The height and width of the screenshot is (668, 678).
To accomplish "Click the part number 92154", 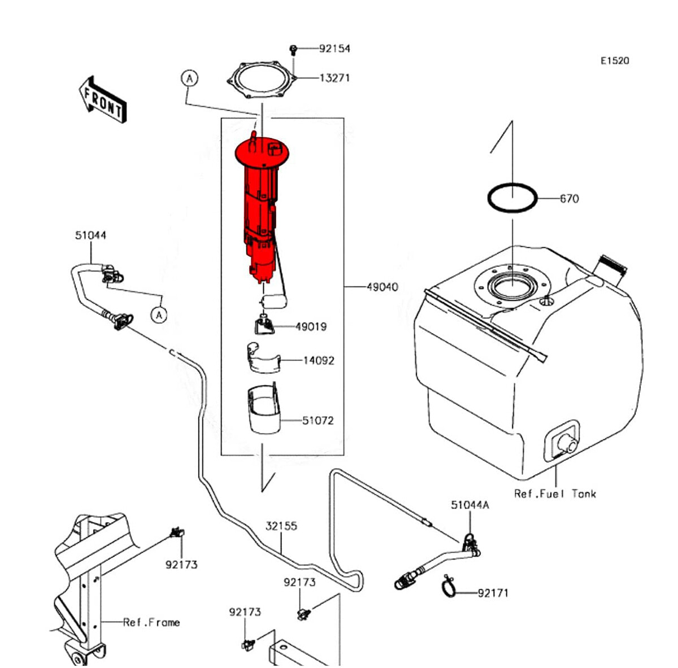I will (x=334, y=49).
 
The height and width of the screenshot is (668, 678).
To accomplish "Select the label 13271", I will (x=334, y=78).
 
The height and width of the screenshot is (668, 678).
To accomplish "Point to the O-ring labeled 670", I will (x=512, y=198).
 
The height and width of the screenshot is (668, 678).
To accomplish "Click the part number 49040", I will (x=382, y=287).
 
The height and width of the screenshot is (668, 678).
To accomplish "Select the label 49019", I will (x=311, y=326).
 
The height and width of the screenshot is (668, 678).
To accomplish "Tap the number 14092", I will (x=319, y=360).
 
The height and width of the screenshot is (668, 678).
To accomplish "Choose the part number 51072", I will (x=318, y=421).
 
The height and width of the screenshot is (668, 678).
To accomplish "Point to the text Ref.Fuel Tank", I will (x=555, y=494).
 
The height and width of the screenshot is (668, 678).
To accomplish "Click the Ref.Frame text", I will (x=151, y=622).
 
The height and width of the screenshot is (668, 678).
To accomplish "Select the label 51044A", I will (x=470, y=505).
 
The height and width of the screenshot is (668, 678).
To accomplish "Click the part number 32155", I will (x=281, y=526).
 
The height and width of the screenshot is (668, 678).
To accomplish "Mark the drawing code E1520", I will (x=614, y=60).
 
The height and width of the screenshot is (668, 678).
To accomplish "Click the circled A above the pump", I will (x=189, y=78).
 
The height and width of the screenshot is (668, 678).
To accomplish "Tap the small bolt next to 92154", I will (x=293, y=50).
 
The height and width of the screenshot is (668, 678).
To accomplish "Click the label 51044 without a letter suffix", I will (x=90, y=235).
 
